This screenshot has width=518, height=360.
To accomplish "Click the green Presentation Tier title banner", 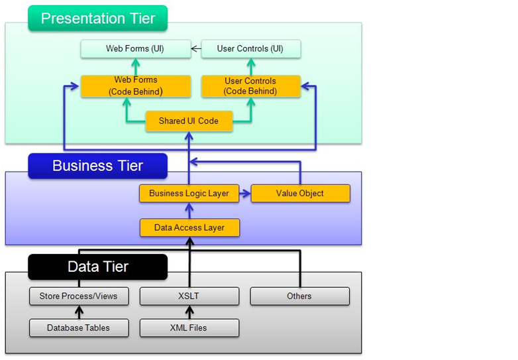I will [x=97, y=18].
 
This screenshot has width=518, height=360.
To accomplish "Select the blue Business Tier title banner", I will [x=97, y=166].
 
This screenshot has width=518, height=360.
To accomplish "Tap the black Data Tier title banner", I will [x=97, y=267].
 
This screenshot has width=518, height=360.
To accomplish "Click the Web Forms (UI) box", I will [x=135, y=48].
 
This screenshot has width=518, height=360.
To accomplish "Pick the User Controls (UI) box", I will [x=250, y=48].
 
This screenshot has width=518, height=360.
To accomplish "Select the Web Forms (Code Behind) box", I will [x=135, y=86].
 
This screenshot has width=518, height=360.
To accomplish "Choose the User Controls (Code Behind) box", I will [x=250, y=86].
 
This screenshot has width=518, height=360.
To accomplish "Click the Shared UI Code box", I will [x=189, y=121].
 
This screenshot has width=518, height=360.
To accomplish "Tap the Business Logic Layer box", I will [x=189, y=194].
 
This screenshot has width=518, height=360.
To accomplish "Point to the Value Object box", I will [x=299, y=194].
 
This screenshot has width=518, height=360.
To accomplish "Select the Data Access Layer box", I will [x=189, y=227].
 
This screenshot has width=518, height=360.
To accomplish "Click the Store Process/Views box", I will [x=78, y=296].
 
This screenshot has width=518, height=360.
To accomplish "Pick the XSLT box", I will [x=189, y=296].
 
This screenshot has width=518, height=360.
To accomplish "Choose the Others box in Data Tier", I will [x=299, y=296].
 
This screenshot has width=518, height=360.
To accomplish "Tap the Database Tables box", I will [x=78, y=328].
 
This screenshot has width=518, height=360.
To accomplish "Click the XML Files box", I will [x=189, y=328].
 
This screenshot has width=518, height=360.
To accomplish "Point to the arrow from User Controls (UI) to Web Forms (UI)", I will [x=196, y=48].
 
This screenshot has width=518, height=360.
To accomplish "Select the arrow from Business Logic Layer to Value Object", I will [x=244, y=194].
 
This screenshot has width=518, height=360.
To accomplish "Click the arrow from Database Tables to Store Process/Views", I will [x=78, y=312].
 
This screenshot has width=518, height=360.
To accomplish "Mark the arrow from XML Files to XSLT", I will [x=189, y=312].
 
